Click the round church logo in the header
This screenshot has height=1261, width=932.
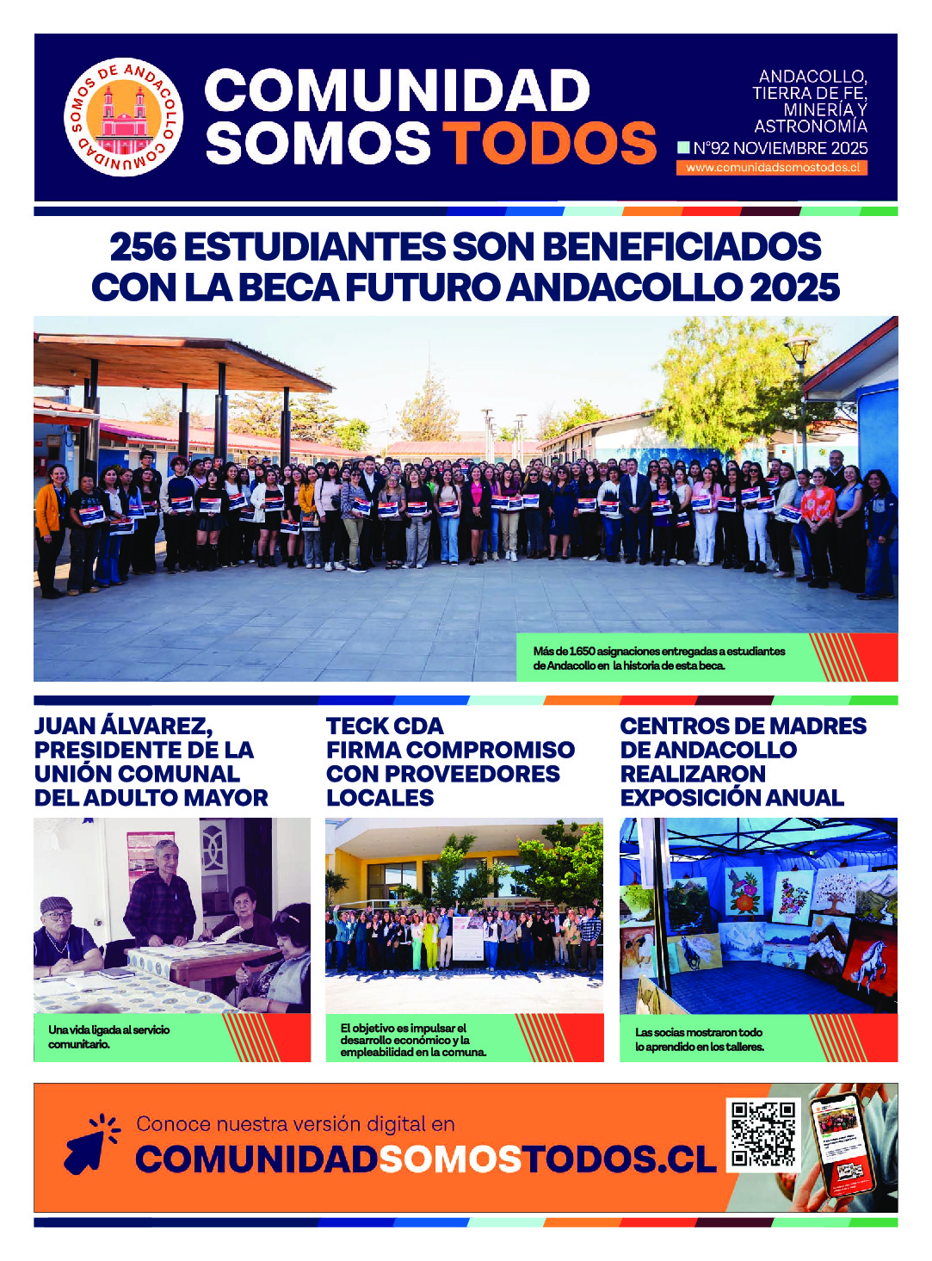[124, 117]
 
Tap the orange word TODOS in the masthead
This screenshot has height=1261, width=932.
[550, 143]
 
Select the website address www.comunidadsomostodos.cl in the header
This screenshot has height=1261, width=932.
[772, 168]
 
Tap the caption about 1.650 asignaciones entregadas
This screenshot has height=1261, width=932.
[659, 658]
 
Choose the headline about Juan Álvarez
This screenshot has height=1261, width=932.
[151, 762]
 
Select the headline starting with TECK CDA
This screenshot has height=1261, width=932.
[449, 762]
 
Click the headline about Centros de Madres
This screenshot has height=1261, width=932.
[743, 762]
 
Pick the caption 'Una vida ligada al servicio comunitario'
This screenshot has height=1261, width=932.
[109, 1036]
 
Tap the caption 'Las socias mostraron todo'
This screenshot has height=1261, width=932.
[699, 1039]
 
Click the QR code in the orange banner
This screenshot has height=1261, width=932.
[762, 1134]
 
